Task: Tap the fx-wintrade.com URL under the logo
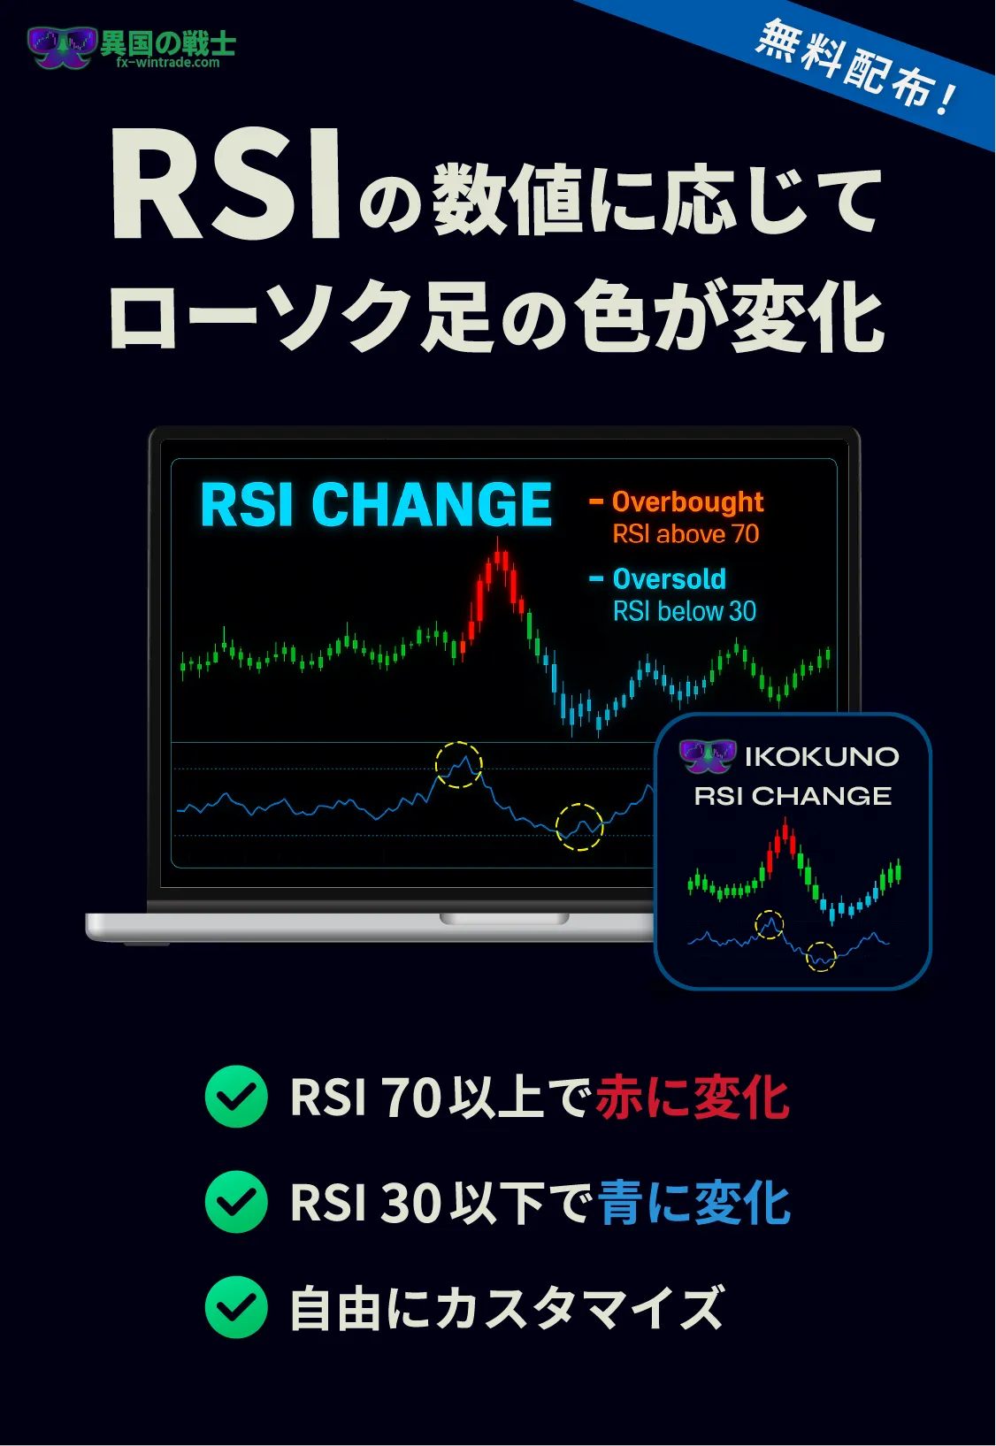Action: pyautogui.click(x=168, y=63)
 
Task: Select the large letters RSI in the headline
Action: pyautogui.click(x=226, y=185)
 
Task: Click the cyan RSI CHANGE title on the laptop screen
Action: pyautogui.click(x=376, y=505)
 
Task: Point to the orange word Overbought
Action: pyautogui.click(x=688, y=501)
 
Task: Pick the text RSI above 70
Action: pyautogui.click(x=686, y=534)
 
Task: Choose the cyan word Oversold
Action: pyautogui.click(x=670, y=579)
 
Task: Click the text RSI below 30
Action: pyautogui.click(x=685, y=611)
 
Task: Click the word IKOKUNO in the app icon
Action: pyautogui.click(x=822, y=757)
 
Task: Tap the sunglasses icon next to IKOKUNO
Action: pyautogui.click(x=709, y=756)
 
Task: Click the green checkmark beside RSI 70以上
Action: pyautogui.click(x=236, y=1097)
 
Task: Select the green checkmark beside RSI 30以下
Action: pyautogui.click(x=236, y=1202)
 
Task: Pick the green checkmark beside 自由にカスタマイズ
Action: pyautogui.click(x=236, y=1307)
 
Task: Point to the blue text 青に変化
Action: pyautogui.click(x=694, y=1203)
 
